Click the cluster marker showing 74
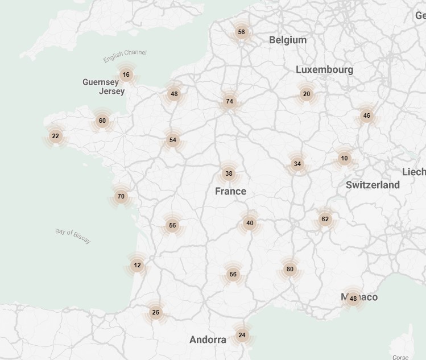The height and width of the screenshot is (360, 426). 230,102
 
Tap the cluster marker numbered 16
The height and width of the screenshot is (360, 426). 126,75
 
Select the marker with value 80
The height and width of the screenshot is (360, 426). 290,269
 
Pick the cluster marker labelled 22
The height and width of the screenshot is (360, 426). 55,136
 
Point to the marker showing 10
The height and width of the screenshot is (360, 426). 345,159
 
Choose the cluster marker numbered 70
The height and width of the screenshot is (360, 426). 121,197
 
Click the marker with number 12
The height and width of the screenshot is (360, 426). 137,265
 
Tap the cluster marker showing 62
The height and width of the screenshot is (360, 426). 325,219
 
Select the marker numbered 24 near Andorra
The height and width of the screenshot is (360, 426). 242,335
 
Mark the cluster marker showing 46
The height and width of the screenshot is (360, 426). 366,116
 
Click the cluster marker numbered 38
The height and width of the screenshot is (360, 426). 229,173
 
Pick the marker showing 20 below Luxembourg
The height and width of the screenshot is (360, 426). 307,94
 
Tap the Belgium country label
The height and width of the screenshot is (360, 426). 288,40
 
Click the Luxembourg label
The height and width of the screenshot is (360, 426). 324,69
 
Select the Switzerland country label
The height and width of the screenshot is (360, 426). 373,185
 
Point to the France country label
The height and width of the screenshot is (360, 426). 230,191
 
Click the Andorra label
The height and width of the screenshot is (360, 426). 208,340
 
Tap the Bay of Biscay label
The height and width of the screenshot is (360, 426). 73,235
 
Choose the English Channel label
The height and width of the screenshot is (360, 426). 125,56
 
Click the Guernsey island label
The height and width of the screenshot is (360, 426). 101,82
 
